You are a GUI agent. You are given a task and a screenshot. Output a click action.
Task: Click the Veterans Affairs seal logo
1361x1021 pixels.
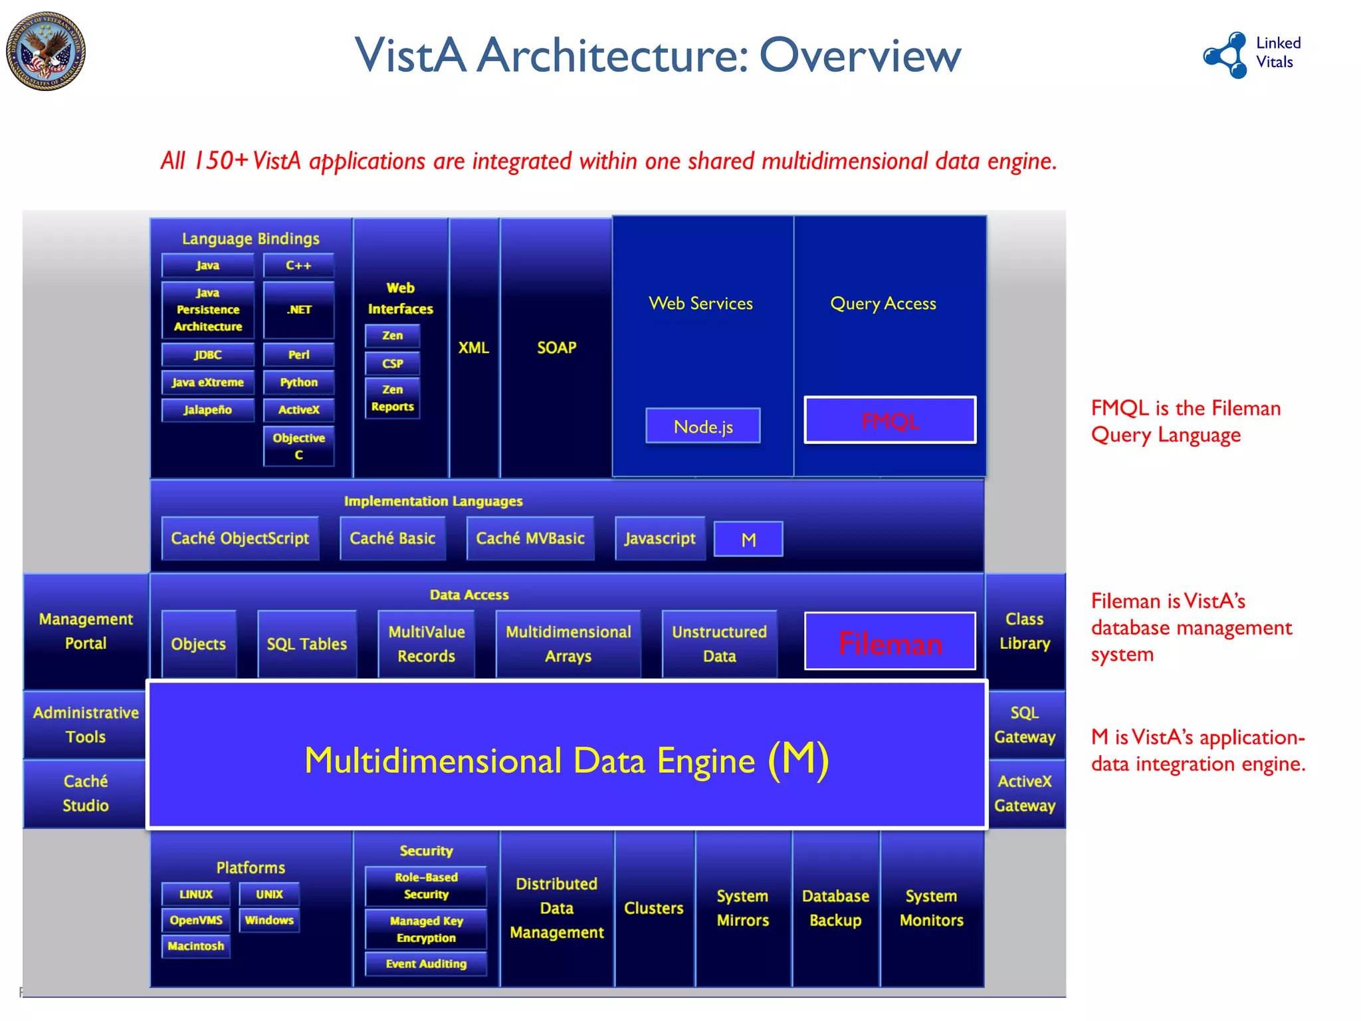[x=46, y=51]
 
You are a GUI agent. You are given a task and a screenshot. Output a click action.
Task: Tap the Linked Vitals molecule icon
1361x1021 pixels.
[x=1227, y=55]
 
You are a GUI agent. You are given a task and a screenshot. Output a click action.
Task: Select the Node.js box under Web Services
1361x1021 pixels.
[x=702, y=426]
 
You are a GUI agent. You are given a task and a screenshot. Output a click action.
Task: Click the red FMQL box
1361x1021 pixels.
[x=889, y=420]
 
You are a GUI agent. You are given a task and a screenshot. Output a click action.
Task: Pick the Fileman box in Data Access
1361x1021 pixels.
[x=889, y=642]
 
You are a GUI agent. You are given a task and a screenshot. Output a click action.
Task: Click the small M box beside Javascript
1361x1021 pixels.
[x=748, y=539]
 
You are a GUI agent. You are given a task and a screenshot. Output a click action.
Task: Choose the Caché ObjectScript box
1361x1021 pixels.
[x=240, y=538]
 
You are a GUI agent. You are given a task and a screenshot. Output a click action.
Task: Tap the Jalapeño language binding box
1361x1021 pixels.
[x=207, y=410]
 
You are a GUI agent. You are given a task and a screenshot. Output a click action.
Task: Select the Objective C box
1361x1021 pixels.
[x=298, y=446]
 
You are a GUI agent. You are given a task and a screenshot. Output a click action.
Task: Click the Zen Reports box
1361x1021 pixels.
[x=392, y=398]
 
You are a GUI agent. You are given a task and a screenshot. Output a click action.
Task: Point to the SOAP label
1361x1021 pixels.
[x=556, y=348]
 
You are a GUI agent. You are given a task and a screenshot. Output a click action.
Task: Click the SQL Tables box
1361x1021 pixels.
[x=306, y=643]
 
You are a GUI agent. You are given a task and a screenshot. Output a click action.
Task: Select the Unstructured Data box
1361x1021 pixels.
[x=719, y=643]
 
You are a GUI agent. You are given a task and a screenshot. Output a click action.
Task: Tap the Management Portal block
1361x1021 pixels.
[x=86, y=631]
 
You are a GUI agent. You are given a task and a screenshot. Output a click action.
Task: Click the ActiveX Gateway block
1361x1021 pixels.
[x=1024, y=793]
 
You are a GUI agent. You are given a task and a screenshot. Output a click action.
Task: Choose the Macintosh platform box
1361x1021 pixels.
[x=195, y=946]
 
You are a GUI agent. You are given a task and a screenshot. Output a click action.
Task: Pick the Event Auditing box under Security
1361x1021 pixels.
[x=426, y=964]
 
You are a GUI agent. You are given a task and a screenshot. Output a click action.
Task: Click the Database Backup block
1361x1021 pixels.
[x=835, y=908]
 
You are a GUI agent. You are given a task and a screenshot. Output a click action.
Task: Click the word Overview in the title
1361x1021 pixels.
[x=860, y=55]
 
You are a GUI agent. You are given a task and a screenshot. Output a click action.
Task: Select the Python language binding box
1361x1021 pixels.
[x=298, y=383]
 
